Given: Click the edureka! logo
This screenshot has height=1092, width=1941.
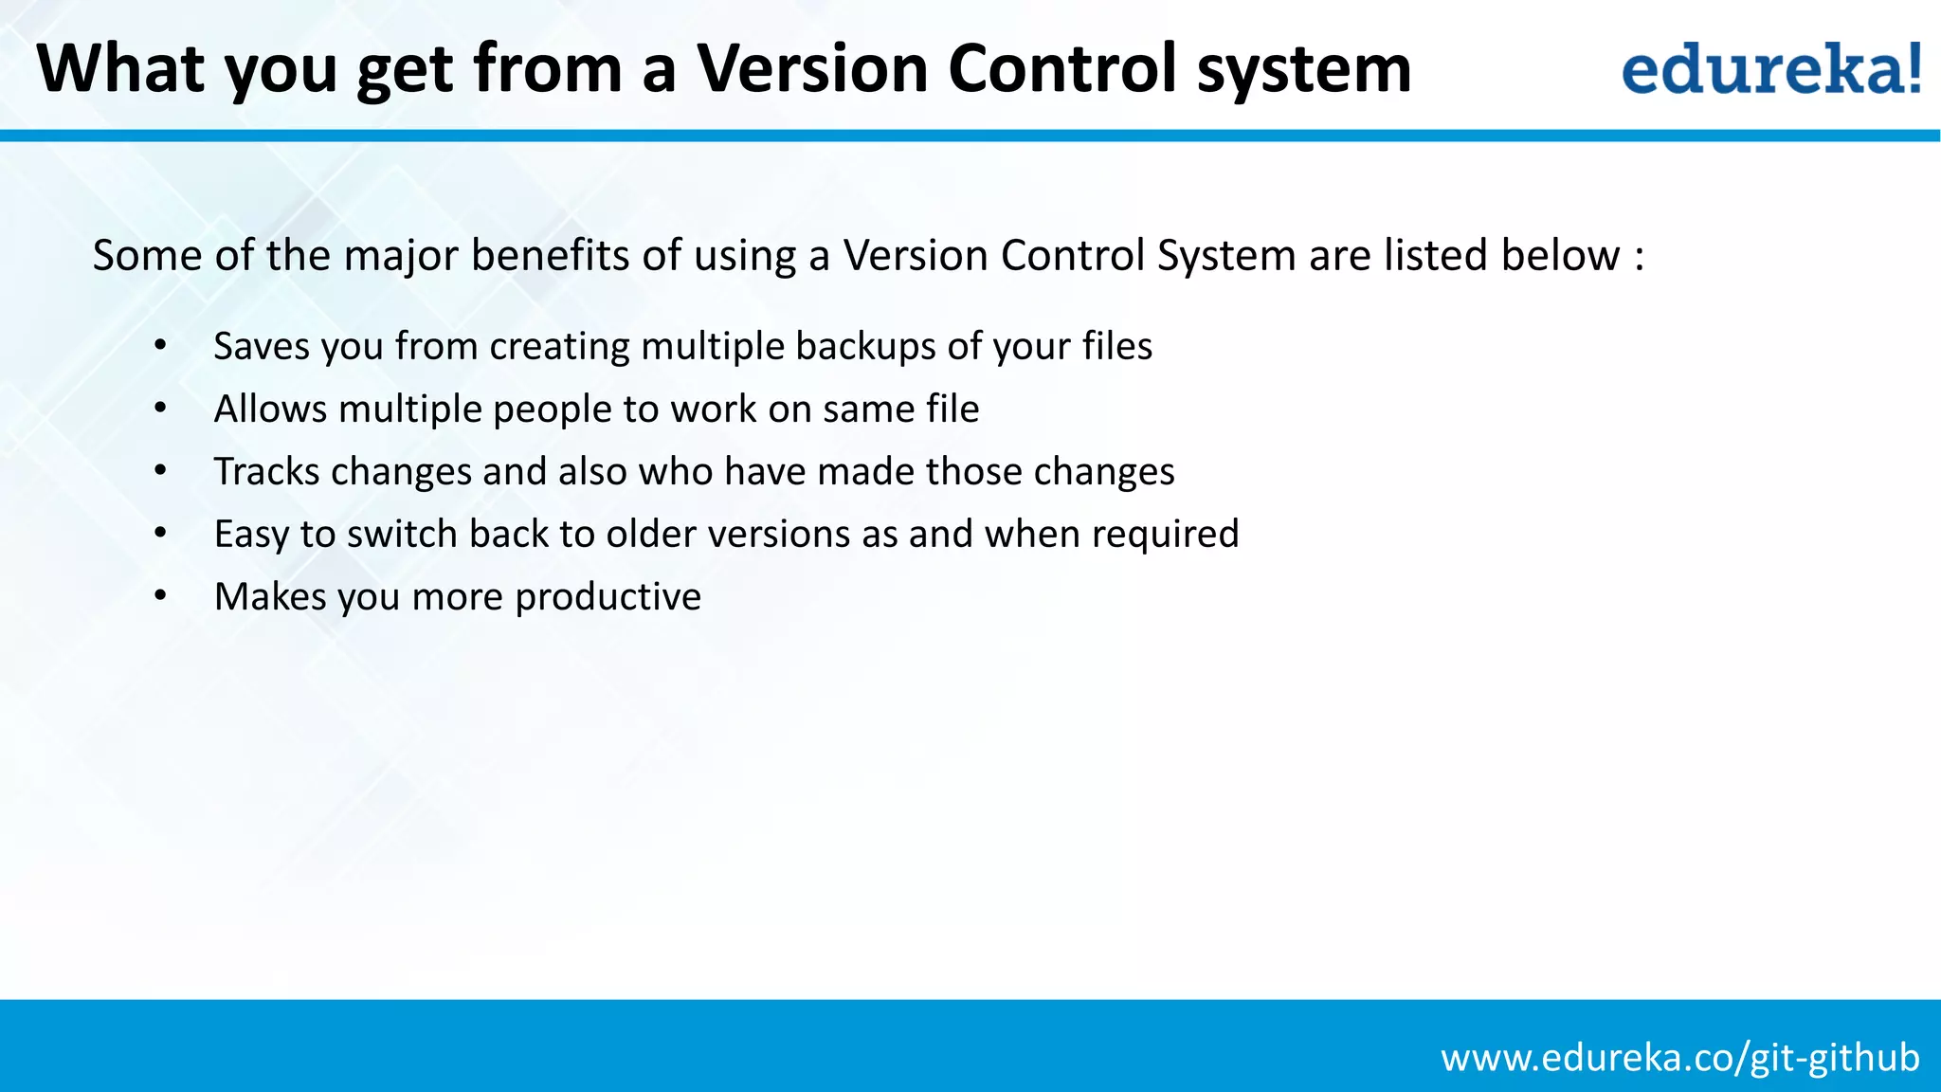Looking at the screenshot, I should [x=1770, y=68].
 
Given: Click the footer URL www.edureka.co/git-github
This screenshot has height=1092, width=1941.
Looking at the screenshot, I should [x=1680, y=1057].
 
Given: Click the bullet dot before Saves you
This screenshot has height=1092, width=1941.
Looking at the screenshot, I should [x=160, y=346].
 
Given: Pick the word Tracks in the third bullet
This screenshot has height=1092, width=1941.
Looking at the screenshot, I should [x=266, y=471].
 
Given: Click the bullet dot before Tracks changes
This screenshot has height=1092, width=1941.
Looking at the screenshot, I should [x=160, y=471].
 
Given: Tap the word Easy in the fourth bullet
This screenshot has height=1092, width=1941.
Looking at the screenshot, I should [x=251, y=536].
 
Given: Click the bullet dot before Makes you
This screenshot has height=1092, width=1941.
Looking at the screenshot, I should [x=160, y=596].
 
